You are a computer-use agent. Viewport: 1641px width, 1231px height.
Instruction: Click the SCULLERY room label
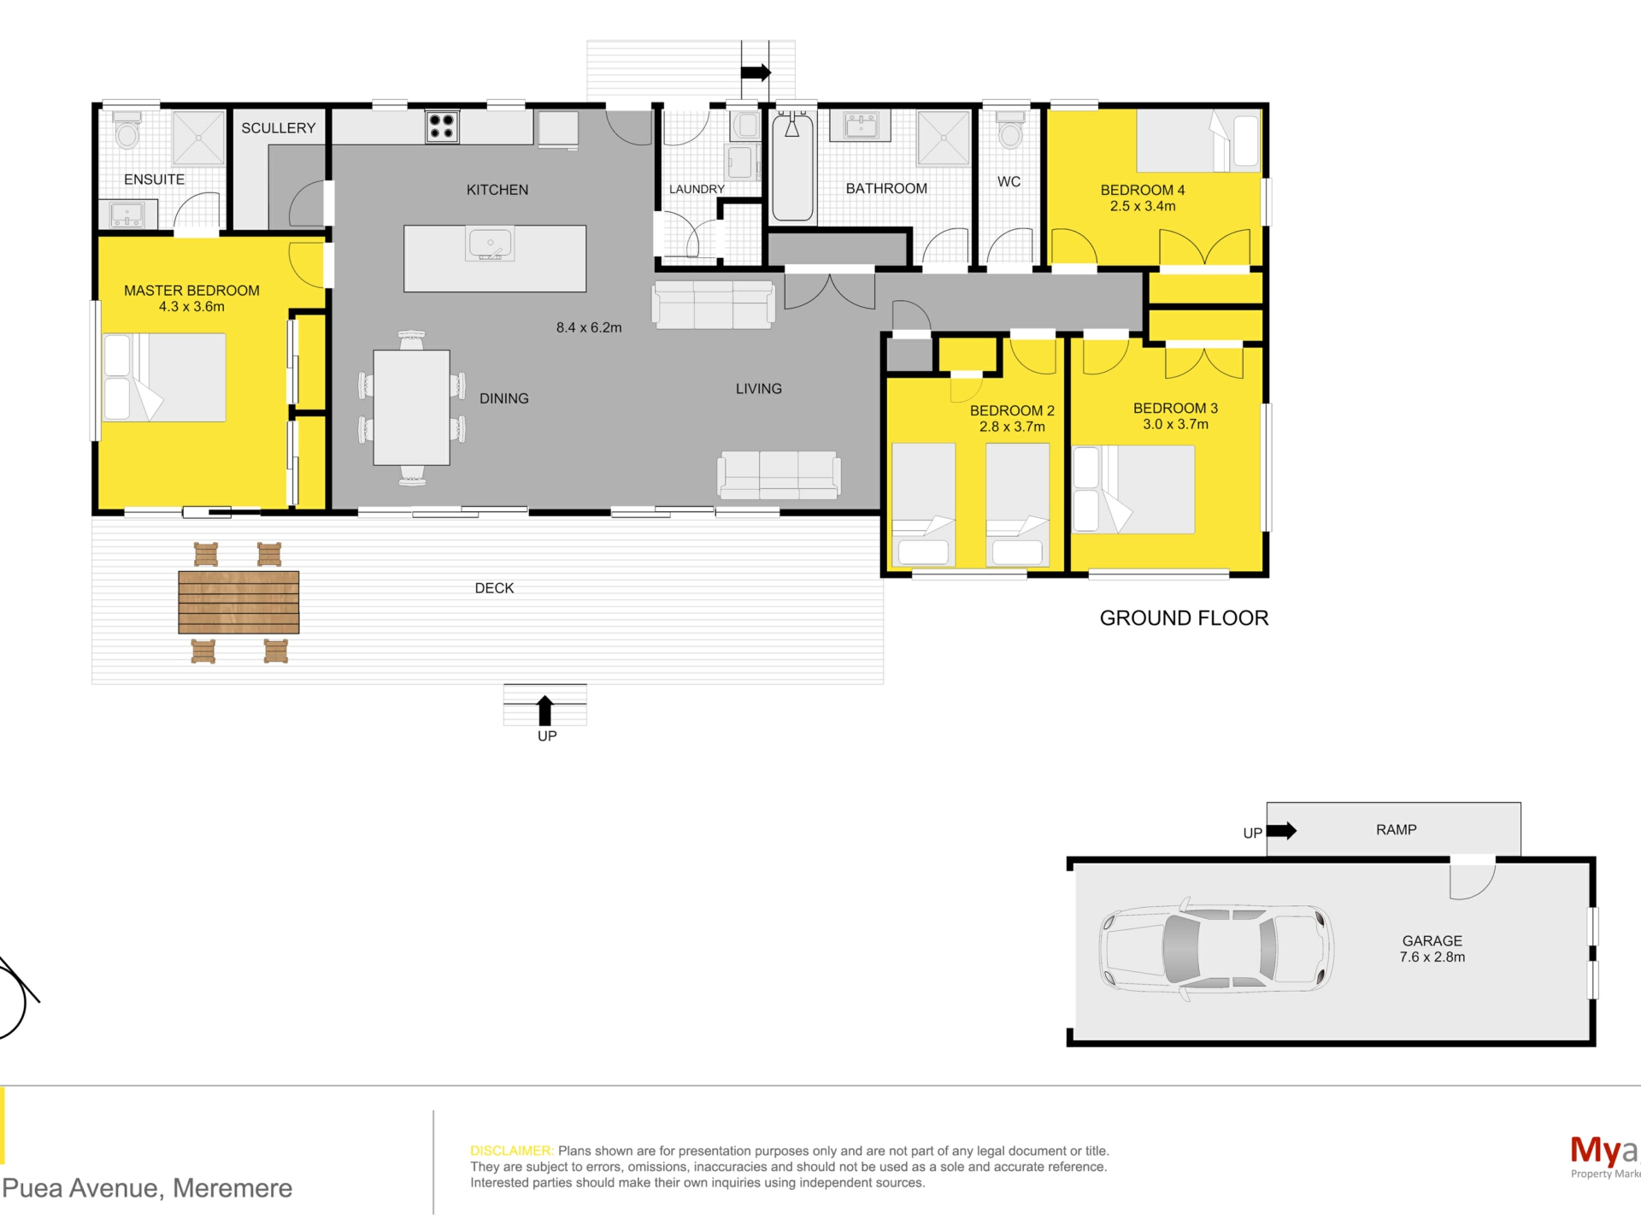coord(278,128)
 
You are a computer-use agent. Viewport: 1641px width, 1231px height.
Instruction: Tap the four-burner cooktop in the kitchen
coord(442,127)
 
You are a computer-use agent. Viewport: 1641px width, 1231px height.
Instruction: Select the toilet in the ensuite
coord(127,130)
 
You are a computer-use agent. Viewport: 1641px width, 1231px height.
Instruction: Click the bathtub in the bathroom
coord(792,166)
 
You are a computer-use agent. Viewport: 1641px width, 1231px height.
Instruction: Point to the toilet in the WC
coord(1010,130)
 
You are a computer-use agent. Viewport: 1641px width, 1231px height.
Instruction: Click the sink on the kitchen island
coord(490,244)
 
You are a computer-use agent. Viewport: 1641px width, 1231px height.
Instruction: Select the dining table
coord(412,408)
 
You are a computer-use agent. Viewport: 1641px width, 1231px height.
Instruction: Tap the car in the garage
coord(1216,949)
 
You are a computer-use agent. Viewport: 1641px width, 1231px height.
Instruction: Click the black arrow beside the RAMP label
coord(1281,830)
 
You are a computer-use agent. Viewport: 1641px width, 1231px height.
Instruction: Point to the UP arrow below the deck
coord(544,711)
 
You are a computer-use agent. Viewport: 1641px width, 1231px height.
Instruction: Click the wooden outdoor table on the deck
coord(238,602)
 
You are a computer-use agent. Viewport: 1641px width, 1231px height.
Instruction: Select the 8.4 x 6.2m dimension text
coord(589,327)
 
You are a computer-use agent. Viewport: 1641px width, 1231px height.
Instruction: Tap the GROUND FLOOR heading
coord(1184,618)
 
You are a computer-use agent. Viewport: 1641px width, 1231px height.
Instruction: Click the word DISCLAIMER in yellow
coord(511,1151)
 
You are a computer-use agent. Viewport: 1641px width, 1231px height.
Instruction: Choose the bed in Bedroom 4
coord(1198,141)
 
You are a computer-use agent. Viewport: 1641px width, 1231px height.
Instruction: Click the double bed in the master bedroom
coord(164,377)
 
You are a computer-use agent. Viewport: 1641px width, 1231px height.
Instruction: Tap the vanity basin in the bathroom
coord(861,127)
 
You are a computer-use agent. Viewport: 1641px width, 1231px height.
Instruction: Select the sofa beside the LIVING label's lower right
coord(779,475)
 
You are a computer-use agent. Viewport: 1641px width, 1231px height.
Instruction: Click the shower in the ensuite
coord(198,137)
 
